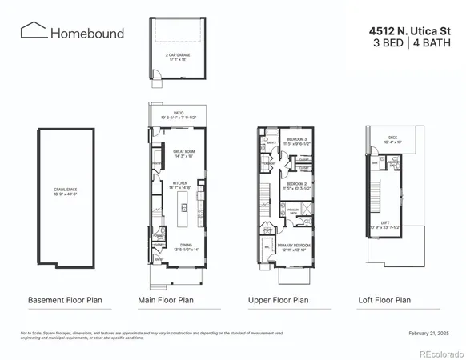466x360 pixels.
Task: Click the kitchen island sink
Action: coord(183,207)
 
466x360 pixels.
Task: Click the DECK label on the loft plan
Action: coord(392,138)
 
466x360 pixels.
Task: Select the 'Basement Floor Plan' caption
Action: coord(62,301)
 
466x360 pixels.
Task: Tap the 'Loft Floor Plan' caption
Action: coord(384,301)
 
